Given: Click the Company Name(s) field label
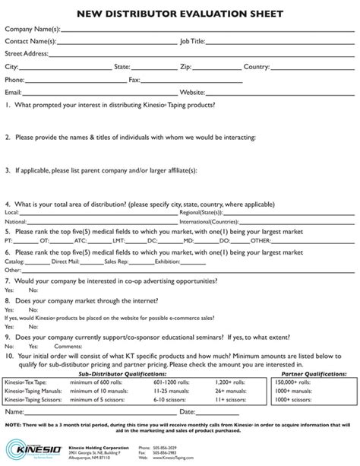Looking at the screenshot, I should (32, 29).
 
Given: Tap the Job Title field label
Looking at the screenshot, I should (192, 41).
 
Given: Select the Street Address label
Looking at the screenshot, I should (27, 54).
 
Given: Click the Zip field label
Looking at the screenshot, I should (185, 67).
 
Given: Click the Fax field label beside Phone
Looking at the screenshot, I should (134, 79).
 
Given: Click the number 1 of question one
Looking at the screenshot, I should (8, 105).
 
